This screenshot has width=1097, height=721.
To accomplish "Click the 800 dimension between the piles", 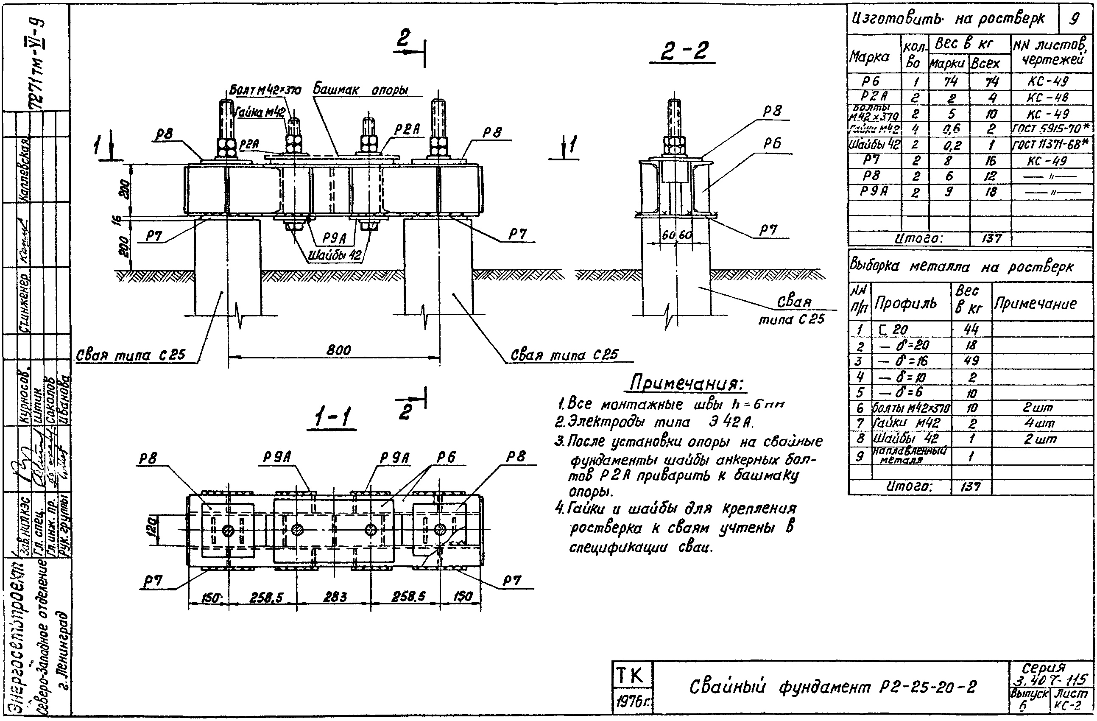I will click(x=339, y=350).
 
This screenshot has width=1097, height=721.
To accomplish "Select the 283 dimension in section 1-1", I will click(x=335, y=597).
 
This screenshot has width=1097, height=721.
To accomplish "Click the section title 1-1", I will click(x=332, y=418).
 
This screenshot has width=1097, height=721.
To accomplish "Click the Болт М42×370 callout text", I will click(x=265, y=90).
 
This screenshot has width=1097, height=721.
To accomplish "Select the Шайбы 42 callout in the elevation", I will click(x=335, y=255).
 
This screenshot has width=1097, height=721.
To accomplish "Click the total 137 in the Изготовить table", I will click(x=991, y=238).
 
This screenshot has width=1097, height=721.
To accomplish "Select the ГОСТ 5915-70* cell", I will click(x=1051, y=128).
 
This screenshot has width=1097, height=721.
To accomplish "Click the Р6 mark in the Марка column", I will click(x=871, y=81).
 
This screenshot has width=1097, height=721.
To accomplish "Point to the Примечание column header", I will click(x=1035, y=304).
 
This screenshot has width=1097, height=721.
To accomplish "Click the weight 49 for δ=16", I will click(x=971, y=360).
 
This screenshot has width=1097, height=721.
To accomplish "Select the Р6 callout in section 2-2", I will click(x=772, y=144).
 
